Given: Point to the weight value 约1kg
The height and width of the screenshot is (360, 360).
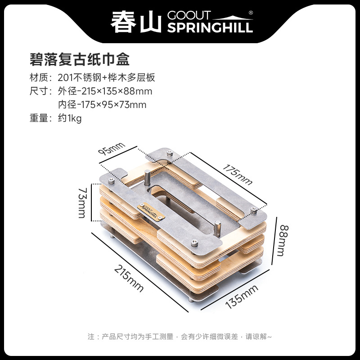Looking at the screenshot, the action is (x=70, y=119).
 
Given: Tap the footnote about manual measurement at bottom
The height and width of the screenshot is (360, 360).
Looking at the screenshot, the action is (x=180, y=336).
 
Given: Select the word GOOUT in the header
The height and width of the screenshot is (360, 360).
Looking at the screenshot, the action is (x=185, y=15).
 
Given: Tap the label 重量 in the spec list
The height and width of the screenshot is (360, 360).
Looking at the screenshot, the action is (x=39, y=119).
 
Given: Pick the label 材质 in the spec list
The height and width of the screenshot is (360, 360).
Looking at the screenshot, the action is (x=39, y=77).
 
